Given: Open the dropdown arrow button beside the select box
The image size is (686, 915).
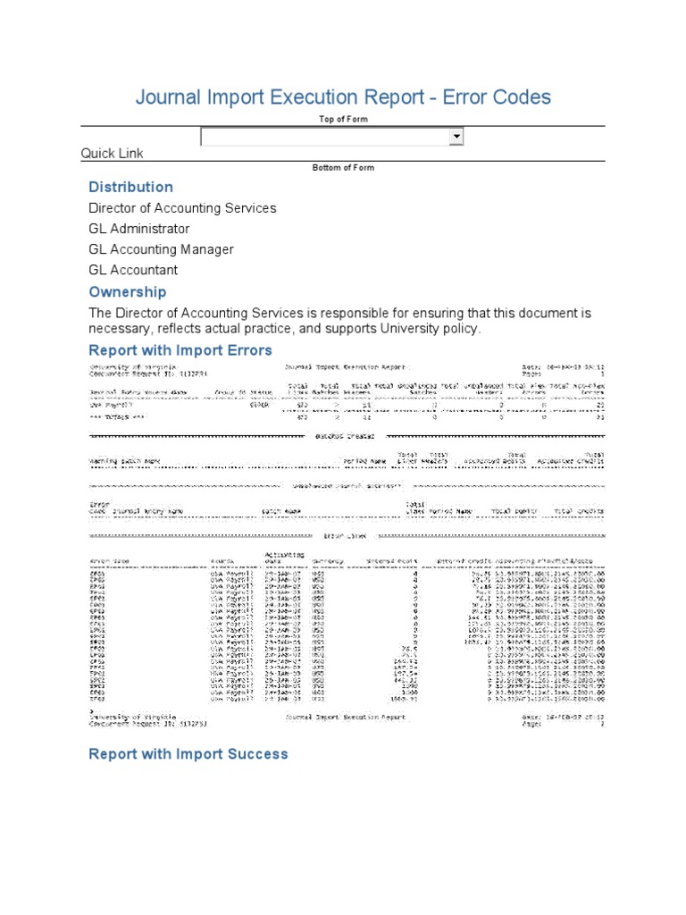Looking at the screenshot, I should pos(456,136).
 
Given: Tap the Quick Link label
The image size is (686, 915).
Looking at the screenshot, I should pos(112,154).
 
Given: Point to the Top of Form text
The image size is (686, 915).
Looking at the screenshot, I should pos(343,119).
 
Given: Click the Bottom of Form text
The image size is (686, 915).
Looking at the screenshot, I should pos(343,168).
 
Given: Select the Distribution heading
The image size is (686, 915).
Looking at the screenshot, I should pos(130,187).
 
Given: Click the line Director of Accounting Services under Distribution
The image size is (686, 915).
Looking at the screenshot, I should pos(182,208).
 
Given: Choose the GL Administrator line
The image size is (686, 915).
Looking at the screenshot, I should pos(138,229).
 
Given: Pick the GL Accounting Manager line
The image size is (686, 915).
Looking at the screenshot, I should pos(161,249).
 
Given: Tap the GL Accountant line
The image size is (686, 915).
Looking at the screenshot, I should pos(133,270).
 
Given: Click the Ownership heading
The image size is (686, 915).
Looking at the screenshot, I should pos(127,292).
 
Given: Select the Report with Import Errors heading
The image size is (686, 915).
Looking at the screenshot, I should pos(180,350).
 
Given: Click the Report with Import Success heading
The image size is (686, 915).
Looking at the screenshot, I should pos(188,754).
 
